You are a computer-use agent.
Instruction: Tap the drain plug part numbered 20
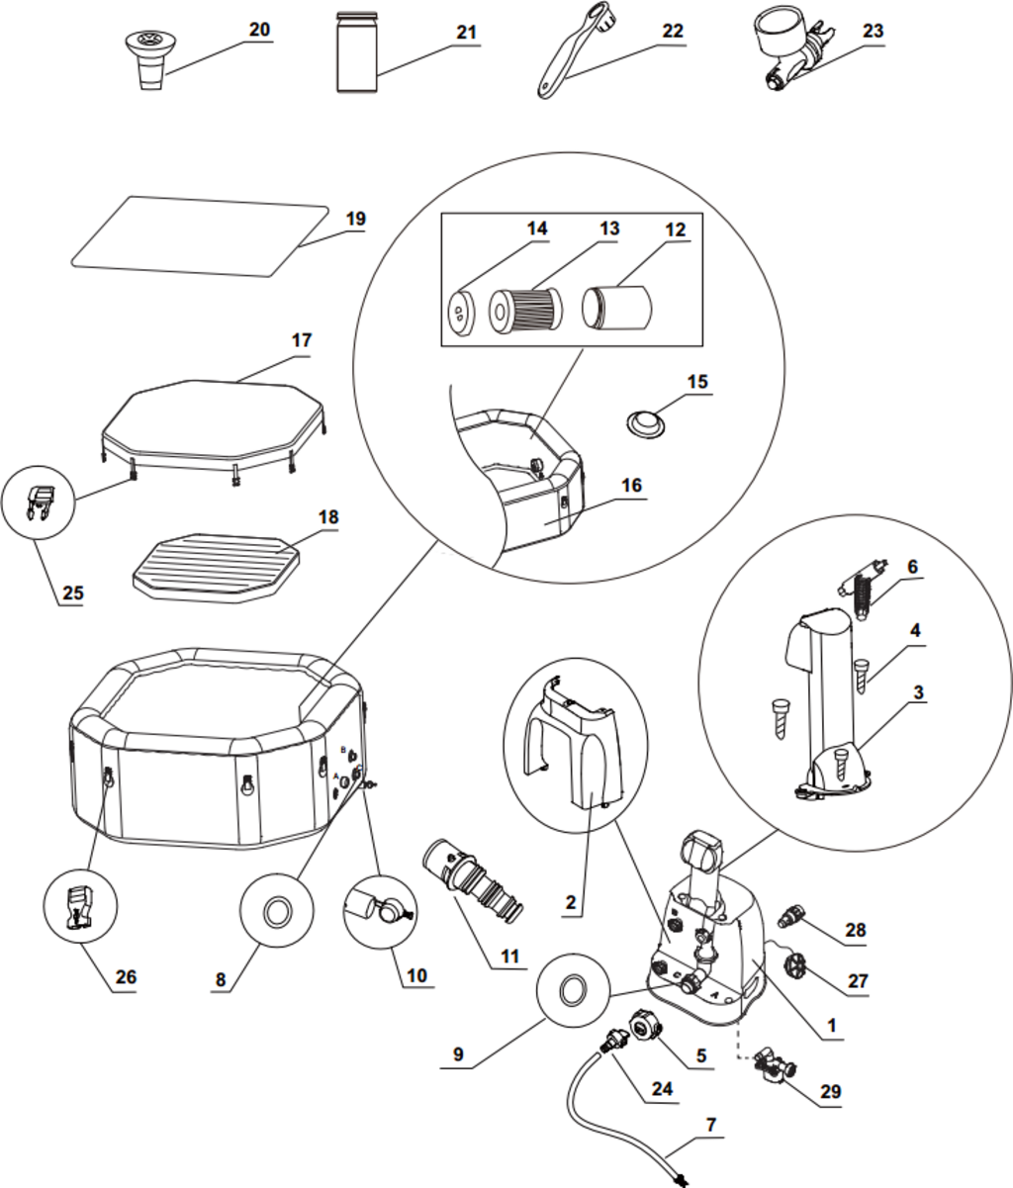pos(151,58)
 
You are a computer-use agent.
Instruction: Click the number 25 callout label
pos(72,594)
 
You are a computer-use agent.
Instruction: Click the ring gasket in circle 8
pos(278,909)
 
